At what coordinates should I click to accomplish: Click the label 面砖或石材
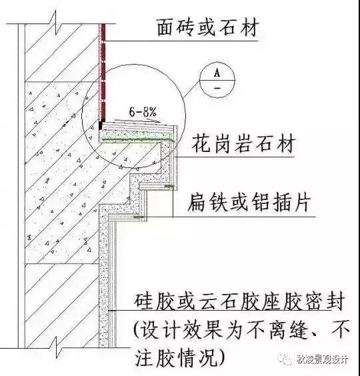point(208,28)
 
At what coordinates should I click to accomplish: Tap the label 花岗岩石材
point(243,143)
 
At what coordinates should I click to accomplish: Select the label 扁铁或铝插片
point(249,203)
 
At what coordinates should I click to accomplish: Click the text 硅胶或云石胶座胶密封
point(239,301)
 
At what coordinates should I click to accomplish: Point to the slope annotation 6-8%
point(143,112)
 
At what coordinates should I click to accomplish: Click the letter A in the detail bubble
point(217,72)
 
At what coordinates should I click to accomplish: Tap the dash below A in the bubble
point(217,88)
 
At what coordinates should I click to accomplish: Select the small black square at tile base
point(101,125)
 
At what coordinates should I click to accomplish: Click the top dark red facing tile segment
point(103,32)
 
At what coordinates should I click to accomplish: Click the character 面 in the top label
point(166,28)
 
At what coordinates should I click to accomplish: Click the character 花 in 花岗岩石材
point(201,143)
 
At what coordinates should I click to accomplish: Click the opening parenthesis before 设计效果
point(137,329)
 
